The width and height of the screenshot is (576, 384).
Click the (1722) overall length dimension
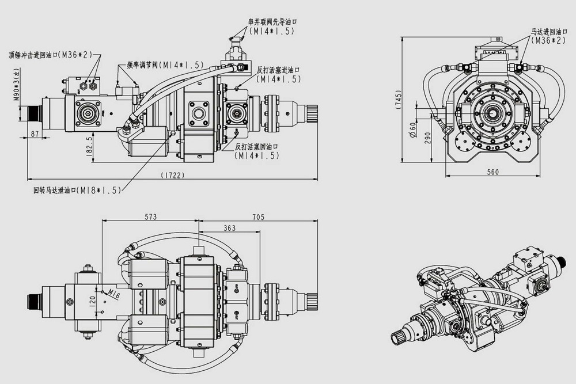coord(173,175)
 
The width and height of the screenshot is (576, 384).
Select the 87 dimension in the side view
coord(34,134)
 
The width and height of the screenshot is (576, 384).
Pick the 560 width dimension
coord(492,172)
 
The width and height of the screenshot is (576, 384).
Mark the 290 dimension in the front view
coord(427,137)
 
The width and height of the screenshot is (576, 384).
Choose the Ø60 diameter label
coord(412,128)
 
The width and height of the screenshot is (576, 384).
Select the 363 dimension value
coord(229,228)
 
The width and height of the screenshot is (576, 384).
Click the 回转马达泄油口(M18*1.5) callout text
coord(77,189)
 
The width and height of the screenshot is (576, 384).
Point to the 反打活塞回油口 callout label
coord(257,147)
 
